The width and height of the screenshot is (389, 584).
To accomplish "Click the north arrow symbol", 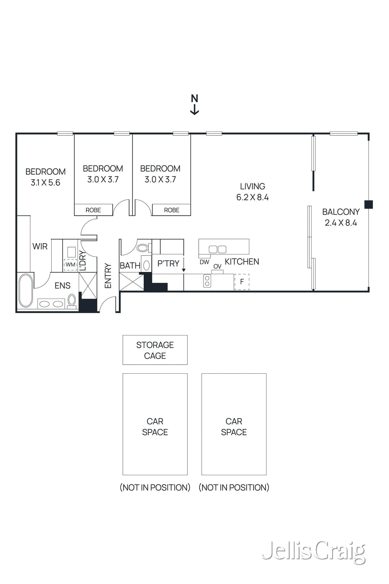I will [x=194, y=104].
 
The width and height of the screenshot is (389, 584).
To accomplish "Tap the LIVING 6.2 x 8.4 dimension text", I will [x=252, y=197].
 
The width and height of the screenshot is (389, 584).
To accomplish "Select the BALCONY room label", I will [x=341, y=212].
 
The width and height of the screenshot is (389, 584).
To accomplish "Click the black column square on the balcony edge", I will [x=369, y=204].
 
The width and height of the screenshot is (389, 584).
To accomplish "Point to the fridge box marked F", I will [x=242, y=282].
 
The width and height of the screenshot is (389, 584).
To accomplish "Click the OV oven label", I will [x=217, y=266].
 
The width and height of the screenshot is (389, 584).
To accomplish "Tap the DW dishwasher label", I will [x=204, y=262].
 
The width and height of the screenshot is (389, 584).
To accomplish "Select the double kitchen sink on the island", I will [x=218, y=250].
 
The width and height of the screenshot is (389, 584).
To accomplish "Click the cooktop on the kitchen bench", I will [x=207, y=281].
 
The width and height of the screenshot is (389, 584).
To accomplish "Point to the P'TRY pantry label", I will [x=168, y=264].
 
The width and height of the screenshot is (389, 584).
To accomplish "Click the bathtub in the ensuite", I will [x=26, y=290].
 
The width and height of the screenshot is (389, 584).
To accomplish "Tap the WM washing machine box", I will [x=70, y=265].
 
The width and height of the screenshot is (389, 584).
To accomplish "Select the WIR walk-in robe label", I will [x=40, y=247].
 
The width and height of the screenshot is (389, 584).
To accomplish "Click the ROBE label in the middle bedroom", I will [x=93, y=210].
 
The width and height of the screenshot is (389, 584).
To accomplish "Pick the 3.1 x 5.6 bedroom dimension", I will [x=46, y=183].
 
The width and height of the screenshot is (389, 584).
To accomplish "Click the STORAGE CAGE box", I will [x=155, y=350].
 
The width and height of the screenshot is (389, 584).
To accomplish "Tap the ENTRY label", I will [x=108, y=276].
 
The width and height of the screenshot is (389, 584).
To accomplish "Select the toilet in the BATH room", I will [x=143, y=248].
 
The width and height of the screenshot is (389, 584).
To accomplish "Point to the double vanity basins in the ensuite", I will [x=51, y=304].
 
